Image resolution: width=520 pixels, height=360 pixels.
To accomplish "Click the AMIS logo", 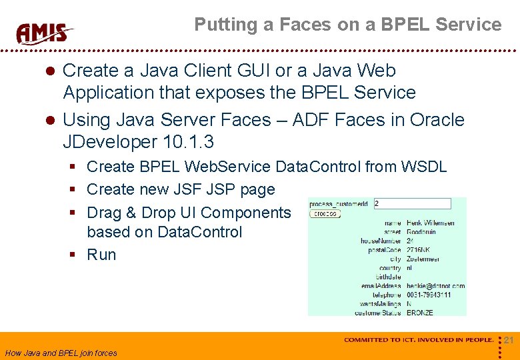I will pos(44,33).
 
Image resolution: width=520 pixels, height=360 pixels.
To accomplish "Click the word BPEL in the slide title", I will pos(406,25).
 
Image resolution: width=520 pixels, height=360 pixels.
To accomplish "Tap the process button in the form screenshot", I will pos(325,214).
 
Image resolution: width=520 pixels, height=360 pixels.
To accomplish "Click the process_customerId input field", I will pos(412,203).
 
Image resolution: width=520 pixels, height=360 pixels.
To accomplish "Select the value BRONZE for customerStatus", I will pos(419,312).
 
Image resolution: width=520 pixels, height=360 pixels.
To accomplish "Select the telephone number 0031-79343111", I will pos(430,295).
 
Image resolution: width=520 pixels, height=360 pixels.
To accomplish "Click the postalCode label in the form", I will pos(384,250).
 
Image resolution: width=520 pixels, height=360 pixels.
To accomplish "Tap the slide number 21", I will pos(509,340).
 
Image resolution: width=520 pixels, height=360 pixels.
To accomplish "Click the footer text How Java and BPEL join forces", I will pos(61,353).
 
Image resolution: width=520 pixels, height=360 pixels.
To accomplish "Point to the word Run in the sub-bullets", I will pos(101,255).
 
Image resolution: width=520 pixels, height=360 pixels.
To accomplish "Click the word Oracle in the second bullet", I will pos(437,120).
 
